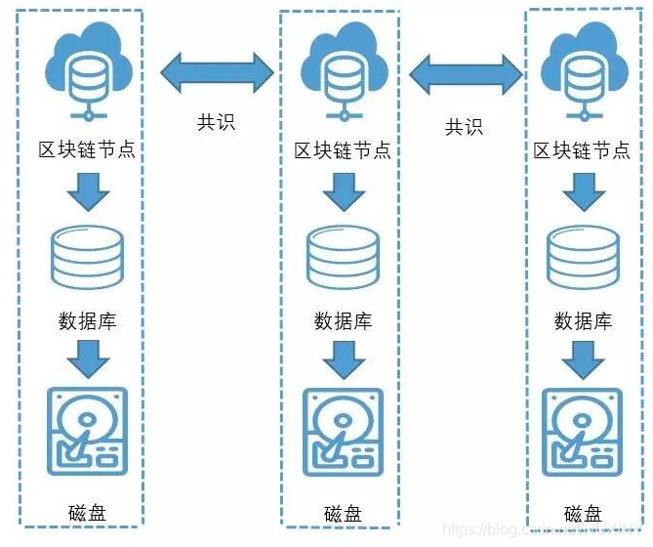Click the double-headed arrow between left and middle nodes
(217, 71)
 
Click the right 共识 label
(465, 126)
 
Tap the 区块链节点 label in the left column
(86, 150)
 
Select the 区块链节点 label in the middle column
(343, 150)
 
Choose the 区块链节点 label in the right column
(582, 150)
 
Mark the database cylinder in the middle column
(343, 259)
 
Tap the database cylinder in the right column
(583, 259)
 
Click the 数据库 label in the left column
(87, 319)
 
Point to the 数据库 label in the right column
(583, 320)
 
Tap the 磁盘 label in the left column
(87, 511)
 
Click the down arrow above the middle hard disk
(343, 362)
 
